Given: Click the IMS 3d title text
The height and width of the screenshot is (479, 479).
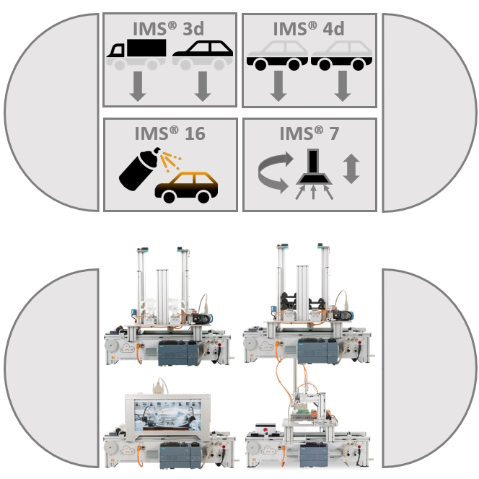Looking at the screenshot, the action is click(x=168, y=29).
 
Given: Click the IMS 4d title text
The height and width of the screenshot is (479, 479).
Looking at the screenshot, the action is click(x=309, y=29).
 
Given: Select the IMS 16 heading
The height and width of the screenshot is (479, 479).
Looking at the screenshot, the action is click(x=170, y=133).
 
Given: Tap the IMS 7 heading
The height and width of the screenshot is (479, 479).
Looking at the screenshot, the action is click(x=309, y=133).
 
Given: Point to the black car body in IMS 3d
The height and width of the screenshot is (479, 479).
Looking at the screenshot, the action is click(x=203, y=49).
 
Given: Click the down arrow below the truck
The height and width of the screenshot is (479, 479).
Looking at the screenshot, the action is click(x=138, y=87).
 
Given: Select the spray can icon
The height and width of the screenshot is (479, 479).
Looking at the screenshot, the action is click(x=140, y=169).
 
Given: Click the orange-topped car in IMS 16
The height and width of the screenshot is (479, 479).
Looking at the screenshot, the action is click(x=186, y=188).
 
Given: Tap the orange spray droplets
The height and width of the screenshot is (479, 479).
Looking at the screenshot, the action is click(x=171, y=161).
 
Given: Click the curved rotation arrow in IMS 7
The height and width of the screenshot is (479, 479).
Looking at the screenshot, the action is click(x=273, y=172).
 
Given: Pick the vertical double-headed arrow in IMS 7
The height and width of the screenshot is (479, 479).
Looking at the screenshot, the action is click(x=351, y=169).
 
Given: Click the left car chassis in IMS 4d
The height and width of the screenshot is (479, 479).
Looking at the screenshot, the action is click(x=277, y=62).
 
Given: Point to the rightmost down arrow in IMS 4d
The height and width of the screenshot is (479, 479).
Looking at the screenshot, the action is click(x=343, y=86).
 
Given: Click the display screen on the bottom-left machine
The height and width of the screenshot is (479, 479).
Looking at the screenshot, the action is click(x=167, y=415).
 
